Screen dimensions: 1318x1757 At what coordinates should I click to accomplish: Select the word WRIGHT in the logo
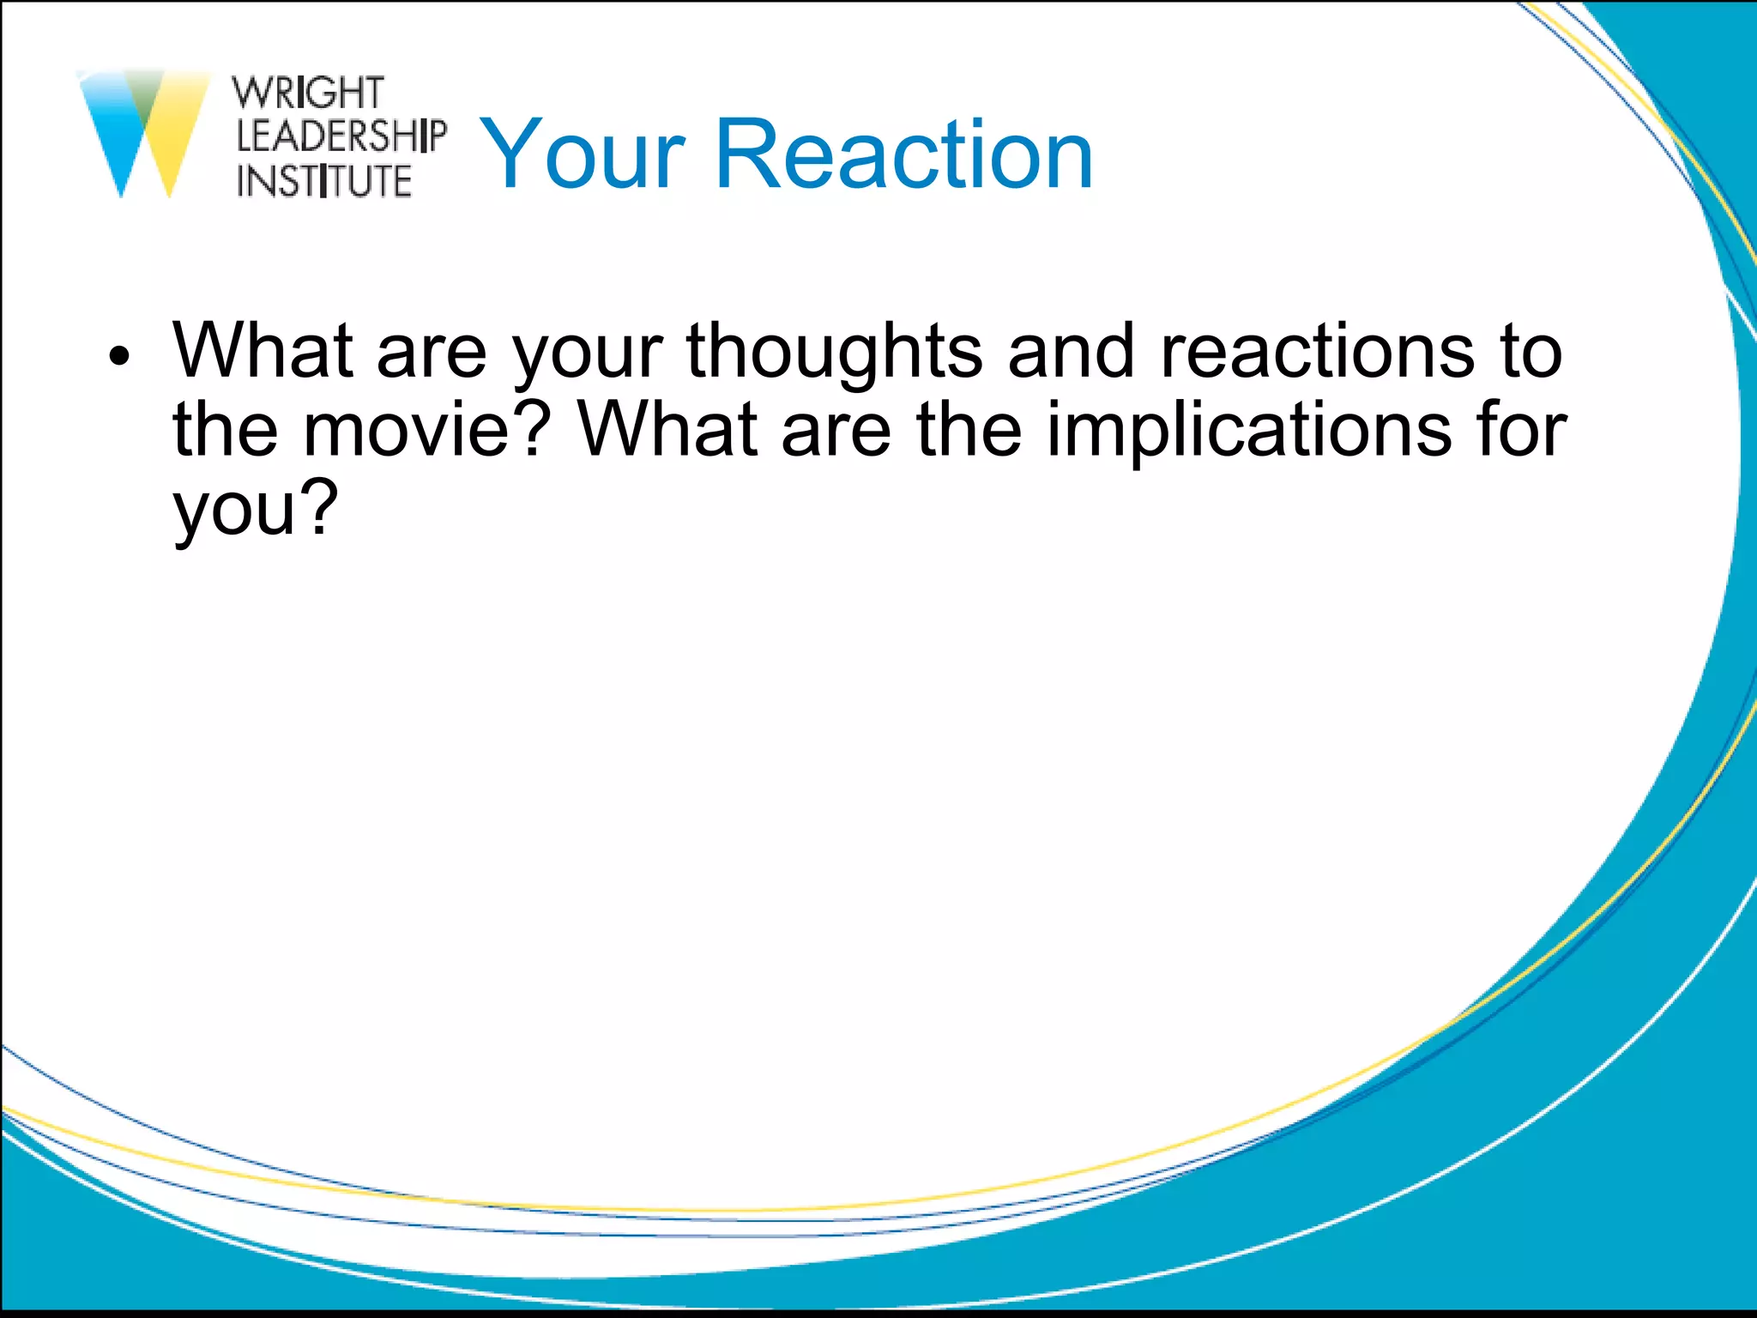(308, 93)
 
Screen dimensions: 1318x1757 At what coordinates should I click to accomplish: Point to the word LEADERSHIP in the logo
(341, 136)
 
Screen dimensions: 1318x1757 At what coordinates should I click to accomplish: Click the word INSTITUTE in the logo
(324, 181)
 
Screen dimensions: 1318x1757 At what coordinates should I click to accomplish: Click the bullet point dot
(119, 355)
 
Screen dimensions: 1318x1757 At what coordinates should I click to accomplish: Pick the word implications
(1249, 429)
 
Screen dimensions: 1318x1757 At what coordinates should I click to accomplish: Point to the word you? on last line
(256, 508)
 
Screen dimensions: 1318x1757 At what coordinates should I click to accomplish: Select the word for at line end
(1520, 429)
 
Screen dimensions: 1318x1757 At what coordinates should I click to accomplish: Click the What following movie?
(667, 429)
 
